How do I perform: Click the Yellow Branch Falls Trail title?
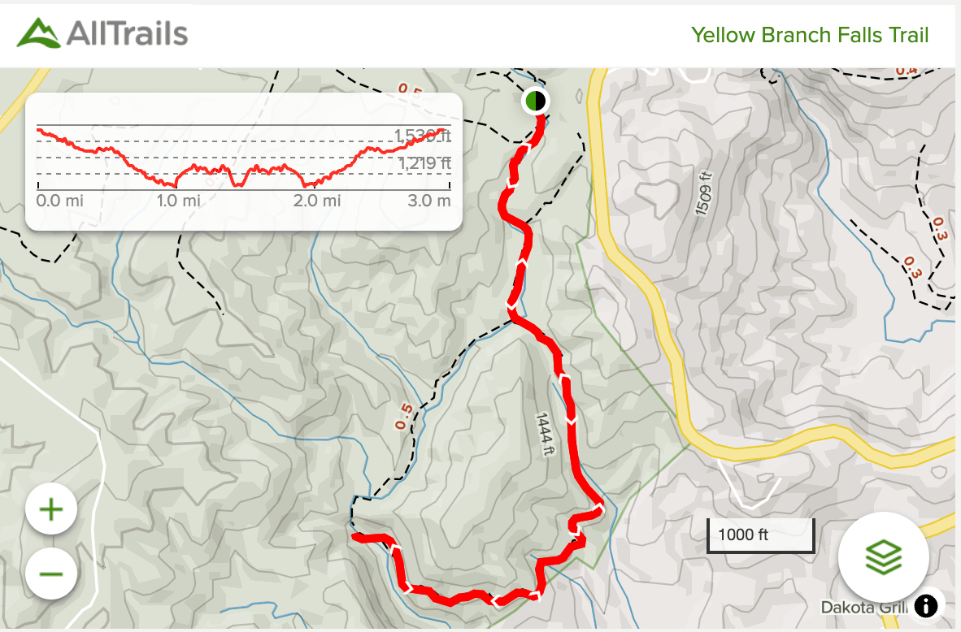(x=810, y=35)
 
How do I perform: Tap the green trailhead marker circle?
(x=534, y=101)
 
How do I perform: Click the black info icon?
(x=926, y=605)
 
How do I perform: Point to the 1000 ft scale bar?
(x=760, y=535)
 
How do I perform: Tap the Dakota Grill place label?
(x=863, y=608)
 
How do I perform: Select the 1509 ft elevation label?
(x=704, y=193)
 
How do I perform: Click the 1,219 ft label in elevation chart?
(x=424, y=164)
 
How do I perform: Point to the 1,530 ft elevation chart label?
(x=422, y=136)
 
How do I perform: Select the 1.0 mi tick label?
(x=179, y=201)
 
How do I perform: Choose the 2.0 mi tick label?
(x=318, y=201)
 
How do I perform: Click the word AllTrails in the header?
(x=128, y=33)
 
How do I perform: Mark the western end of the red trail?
(x=355, y=537)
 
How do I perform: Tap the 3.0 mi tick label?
(x=428, y=201)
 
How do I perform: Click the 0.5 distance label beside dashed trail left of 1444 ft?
(x=402, y=416)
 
